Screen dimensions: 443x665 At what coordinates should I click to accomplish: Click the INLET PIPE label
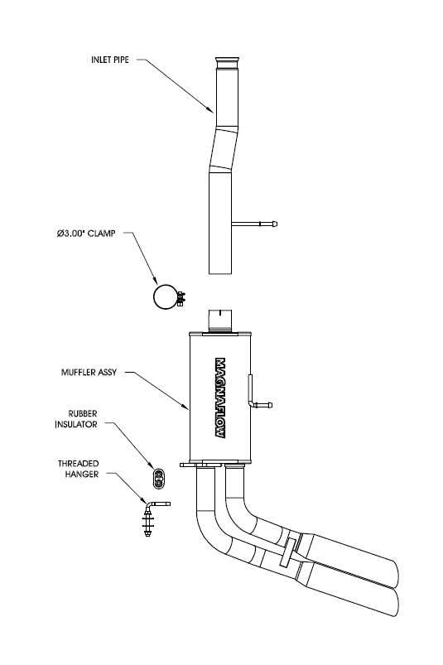pos(110,60)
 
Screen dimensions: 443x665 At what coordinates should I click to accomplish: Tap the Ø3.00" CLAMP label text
pos(86,234)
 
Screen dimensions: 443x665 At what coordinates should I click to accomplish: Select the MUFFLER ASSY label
pos(89,373)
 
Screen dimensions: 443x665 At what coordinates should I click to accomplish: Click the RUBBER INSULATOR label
pos(76,418)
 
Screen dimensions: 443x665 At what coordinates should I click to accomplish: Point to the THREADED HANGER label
pos(79,469)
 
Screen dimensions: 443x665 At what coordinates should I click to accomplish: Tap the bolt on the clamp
pos(181,298)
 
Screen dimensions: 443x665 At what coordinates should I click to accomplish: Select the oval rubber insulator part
pos(159,478)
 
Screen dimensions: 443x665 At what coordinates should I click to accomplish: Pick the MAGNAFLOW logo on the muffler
pos(220,398)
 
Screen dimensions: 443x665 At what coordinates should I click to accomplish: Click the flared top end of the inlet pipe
pos(228,62)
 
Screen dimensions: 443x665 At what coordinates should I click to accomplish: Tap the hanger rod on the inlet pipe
pos(254,224)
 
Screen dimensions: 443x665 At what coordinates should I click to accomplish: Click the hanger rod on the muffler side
pos(259,405)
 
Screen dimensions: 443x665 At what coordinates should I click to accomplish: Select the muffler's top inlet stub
pos(220,321)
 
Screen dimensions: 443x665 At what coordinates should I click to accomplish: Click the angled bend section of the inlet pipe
pos(223,149)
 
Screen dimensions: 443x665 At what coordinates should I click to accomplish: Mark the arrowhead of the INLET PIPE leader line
pos(212,111)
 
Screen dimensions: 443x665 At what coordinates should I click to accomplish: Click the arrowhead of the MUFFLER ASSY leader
pos(187,408)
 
